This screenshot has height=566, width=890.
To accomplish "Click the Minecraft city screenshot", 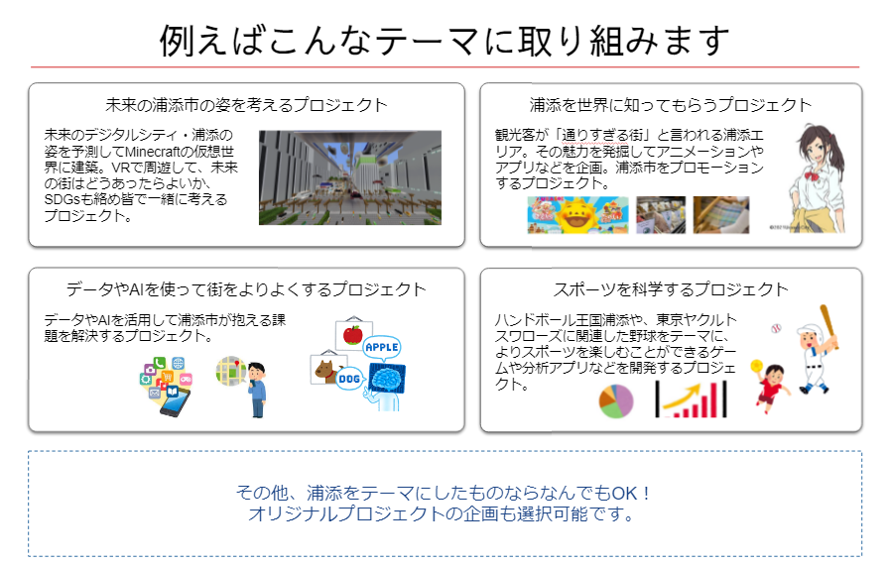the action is click(x=349, y=177).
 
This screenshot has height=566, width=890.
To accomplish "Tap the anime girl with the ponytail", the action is click(x=818, y=178).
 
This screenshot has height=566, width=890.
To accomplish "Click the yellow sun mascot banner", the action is click(x=577, y=215).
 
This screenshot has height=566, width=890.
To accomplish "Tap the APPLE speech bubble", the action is click(x=382, y=348).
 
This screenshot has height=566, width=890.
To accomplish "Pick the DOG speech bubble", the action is click(x=349, y=379).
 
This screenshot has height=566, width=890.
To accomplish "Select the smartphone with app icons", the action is click(x=167, y=387).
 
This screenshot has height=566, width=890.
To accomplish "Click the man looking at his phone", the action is click(x=257, y=390).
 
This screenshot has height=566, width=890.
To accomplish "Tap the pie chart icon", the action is click(x=616, y=401).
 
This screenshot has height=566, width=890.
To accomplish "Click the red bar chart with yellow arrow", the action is click(x=691, y=399).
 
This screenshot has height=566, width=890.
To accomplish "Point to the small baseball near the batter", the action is click(x=776, y=328).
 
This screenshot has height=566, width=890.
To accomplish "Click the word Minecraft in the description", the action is click(x=152, y=152).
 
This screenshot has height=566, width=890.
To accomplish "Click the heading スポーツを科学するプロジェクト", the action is click(x=671, y=289).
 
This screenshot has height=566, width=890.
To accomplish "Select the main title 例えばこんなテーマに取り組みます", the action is click(x=445, y=41).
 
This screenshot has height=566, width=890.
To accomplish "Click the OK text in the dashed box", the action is click(x=624, y=493).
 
